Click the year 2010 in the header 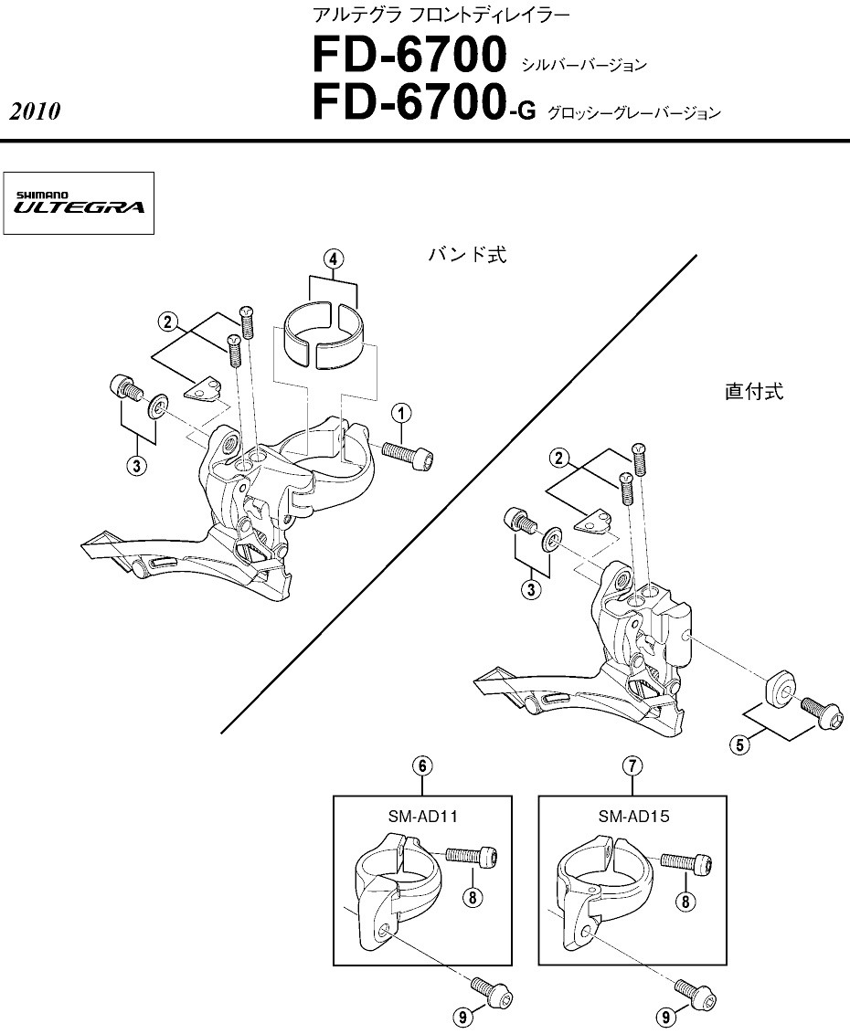click(x=35, y=112)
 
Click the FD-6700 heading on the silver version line click(x=409, y=58)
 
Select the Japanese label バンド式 click(x=467, y=255)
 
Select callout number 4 click(x=335, y=259)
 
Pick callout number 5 click(x=742, y=744)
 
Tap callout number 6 click(x=422, y=766)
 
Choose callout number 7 click(x=632, y=766)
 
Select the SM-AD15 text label click(x=633, y=816)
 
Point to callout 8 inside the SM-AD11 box click(x=472, y=897)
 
